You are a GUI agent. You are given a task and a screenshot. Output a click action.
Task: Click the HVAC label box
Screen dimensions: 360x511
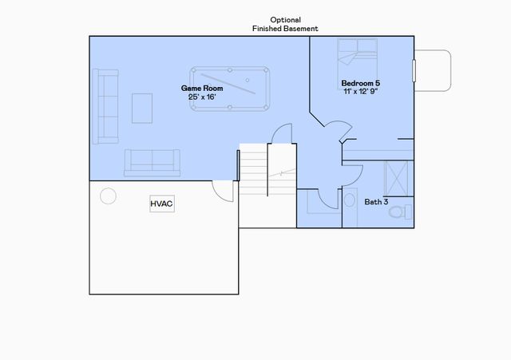pyautogui.click(x=162, y=204)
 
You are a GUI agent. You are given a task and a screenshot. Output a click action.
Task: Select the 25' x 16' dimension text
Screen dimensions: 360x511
pyautogui.click(x=201, y=97)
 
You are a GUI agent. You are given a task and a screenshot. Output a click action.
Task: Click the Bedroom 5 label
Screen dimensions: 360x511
pyautogui.click(x=361, y=83)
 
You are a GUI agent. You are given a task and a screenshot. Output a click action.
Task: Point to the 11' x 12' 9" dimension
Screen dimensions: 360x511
pyautogui.click(x=362, y=92)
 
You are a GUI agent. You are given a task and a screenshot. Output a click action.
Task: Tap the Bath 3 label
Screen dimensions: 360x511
pyautogui.click(x=376, y=202)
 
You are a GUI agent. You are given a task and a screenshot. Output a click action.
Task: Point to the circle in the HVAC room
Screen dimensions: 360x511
pyautogui.click(x=107, y=195)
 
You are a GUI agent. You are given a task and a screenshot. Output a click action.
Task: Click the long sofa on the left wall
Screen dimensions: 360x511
pyautogui.click(x=105, y=106)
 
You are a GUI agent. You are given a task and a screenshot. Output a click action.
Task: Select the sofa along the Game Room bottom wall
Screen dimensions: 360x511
pyautogui.click(x=153, y=163)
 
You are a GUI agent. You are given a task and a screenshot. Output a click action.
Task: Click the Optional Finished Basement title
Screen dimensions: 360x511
pyautogui.click(x=285, y=24)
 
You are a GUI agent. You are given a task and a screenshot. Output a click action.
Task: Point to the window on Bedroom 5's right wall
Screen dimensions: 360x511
pyautogui.click(x=414, y=69)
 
